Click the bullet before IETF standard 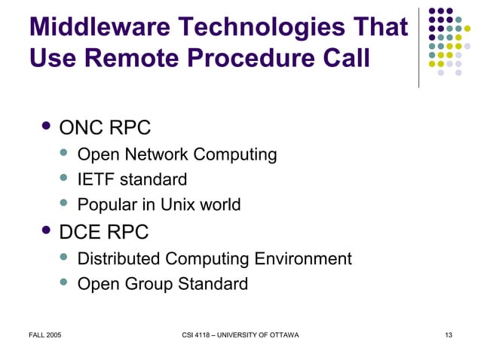[63, 178]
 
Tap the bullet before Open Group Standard [63, 282]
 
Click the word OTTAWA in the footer [283, 334]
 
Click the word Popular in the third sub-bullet [106, 204]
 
